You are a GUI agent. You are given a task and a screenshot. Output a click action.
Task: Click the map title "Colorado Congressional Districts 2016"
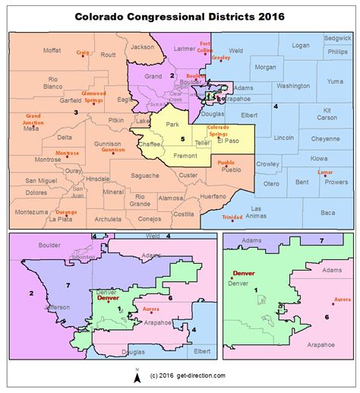pyautogui.click(x=179, y=15)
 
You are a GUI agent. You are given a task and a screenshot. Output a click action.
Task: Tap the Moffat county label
pyautogui.click(x=52, y=50)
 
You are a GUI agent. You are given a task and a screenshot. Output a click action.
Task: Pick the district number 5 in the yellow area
pyautogui.click(x=182, y=138)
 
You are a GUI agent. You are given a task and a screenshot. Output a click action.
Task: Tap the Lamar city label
pyautogui.click(x=324, y=173)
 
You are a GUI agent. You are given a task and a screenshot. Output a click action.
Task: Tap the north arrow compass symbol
pyautogui.click(x=136, y=375)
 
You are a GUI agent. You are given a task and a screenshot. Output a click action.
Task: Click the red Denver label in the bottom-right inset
pyautogui.click(x=243, y=273)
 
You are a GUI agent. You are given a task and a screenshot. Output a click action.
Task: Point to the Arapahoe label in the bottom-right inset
pyautogui.click(x=322, y=343)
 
